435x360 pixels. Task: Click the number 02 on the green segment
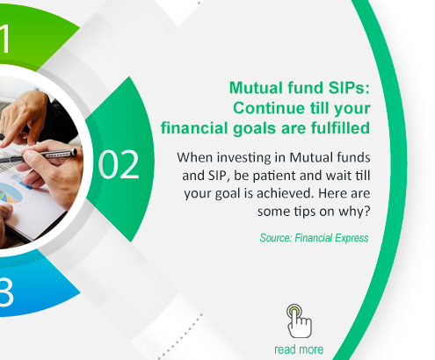point(119,164)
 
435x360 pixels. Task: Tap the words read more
point(299,349)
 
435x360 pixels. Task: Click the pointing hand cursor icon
point(299,320)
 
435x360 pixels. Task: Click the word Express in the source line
point(352,238)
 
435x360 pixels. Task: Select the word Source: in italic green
point(276,238)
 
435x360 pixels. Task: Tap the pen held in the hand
point(38,155)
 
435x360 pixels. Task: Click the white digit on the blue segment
point(6,292)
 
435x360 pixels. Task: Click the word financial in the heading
point(194,128)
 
